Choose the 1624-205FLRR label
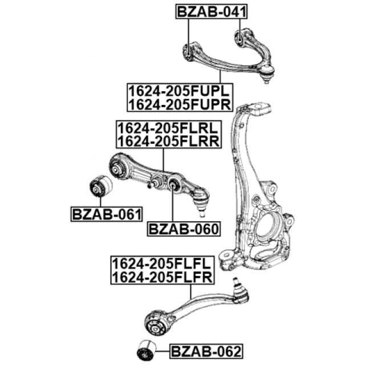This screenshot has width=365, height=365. point(168,141)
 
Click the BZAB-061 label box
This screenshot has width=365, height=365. point(106,214)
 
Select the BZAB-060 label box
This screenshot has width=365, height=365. point(184,229)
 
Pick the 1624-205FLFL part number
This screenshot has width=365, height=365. point(162,264)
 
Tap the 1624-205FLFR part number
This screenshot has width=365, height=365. point(162,278)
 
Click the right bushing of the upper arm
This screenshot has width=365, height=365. point(241,38)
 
